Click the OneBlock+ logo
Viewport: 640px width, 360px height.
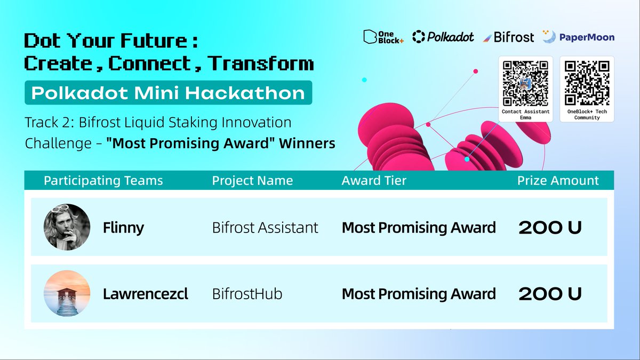(x=383, y=37)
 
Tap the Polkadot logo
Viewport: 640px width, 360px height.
(x=443, y=37)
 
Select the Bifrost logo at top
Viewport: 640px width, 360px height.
(x=509, y=37)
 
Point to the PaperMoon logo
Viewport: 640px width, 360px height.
(x=579, y=37)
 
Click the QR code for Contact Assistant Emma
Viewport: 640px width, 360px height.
(x=525, y=83)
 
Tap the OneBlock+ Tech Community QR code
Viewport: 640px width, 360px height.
(x=587, y=83)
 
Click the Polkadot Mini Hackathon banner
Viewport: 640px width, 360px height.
(x=169, y=93)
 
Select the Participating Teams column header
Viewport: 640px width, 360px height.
(x=103, y=181)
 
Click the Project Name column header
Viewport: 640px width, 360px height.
(x=252, y=181)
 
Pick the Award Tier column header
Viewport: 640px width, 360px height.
(x=374, y=181)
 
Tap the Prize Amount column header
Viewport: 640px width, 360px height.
(x=558, y=181)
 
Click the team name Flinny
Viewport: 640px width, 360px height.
(x=123, y=228)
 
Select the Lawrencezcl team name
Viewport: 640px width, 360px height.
(x=146, y=294)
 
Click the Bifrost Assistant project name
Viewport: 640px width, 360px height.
(x=265, y=228)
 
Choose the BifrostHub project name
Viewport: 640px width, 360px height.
(x=247, y=294)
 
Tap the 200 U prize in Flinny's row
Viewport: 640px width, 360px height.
(x=550, y=228)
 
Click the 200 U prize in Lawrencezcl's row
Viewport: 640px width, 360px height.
(x=550, y=294)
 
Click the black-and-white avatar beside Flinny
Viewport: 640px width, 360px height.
(x=67, y=227)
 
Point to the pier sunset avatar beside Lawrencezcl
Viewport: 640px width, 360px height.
(x=67, y=293)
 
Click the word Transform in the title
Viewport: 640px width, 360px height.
(x=260, y=63)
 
